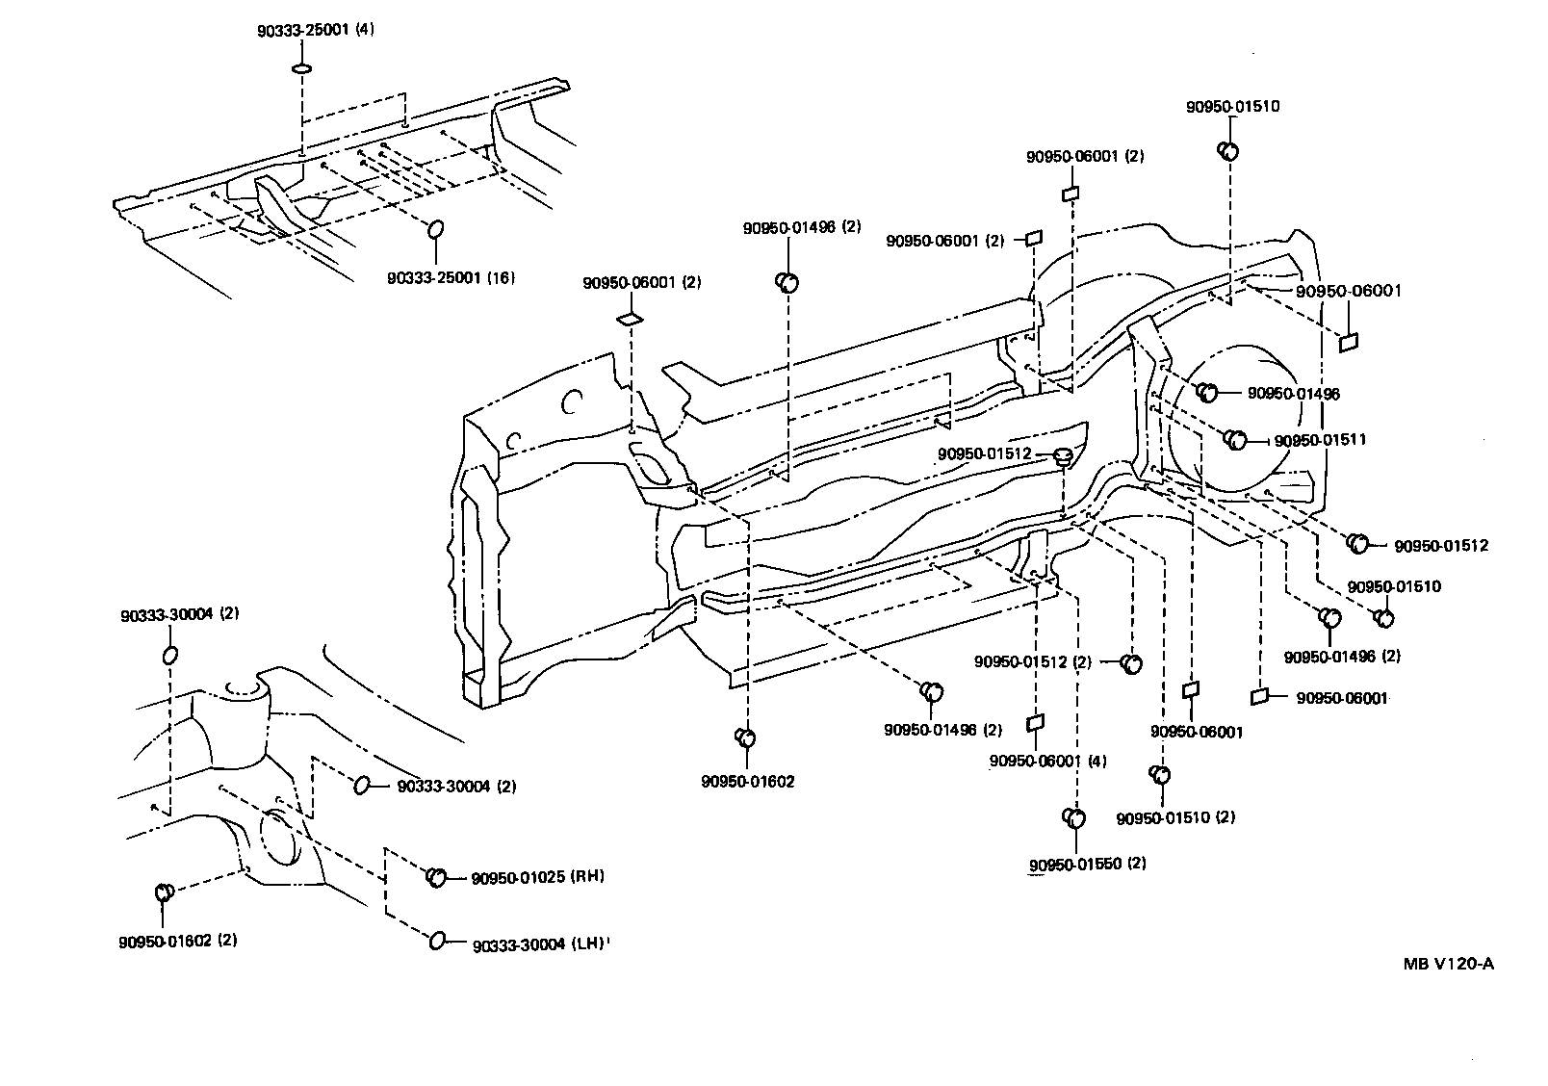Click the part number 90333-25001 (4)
click(x=315, y=30)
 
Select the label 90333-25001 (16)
click(x=451, y=278)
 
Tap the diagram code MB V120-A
click(x=1447, y=965)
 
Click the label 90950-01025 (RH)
click(x=537, y=877)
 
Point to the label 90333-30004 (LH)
click(x=539, y=944)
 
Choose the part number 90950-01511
click(x=1320, y=440)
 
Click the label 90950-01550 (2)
click(x=1087, y=864)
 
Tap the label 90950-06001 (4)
click(x=1047, y=761)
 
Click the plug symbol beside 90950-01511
click(x=1235, y=439)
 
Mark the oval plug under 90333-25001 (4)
click(x=301, y=68)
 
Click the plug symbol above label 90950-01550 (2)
click(x=1073, y=817)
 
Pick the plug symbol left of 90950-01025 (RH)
click(x=435, y=876)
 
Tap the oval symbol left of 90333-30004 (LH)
click(x=436, y=941)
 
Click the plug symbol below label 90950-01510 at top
click(x=1228, y=150)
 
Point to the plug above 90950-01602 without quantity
click(x=745, y=737)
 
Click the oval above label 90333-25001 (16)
click(x=435, y=229)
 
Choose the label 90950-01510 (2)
click(x=1175, y=817)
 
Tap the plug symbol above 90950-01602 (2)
click(x=164, y=892)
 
